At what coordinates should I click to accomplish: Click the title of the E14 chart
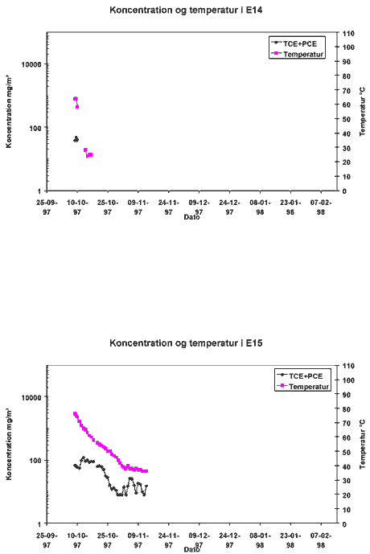click(x=186, y=10)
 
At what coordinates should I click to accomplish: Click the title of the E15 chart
click(x=186, y=343)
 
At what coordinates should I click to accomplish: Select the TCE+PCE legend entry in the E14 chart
click(x=294, y=43)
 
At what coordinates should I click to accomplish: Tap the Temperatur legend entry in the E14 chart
click(x=298, y=54)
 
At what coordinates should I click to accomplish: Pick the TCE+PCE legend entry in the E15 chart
click(x=300, y=376)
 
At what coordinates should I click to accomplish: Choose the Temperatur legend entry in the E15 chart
click(x=303, y=387)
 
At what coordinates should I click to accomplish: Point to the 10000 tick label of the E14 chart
click(x=31, y=64)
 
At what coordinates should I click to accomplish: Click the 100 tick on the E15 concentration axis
click(x=35, y=461)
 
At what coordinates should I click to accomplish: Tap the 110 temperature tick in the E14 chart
click(x=348, y=33)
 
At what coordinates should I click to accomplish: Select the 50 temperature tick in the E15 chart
click(x=347, y=452)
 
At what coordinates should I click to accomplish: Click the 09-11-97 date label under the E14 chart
click(x=138, y=207)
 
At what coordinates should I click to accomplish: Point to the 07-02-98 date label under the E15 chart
click(x=321, y=540)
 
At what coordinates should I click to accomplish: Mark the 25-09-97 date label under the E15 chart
click(x=47, y=540)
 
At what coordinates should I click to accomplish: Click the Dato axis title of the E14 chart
click(x=191, y=217)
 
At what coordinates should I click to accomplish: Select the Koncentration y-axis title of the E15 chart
click(x=9, y=445)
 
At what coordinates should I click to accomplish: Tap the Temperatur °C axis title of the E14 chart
click(x=363, y=112)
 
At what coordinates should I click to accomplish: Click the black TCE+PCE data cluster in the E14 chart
click(x=76, y=139)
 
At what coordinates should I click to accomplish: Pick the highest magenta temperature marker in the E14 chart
click(x=76, y=99)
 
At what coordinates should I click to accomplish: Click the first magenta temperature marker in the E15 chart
click(x=75, y=413)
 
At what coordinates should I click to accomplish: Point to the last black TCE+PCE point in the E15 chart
click(x=146, y=486)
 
